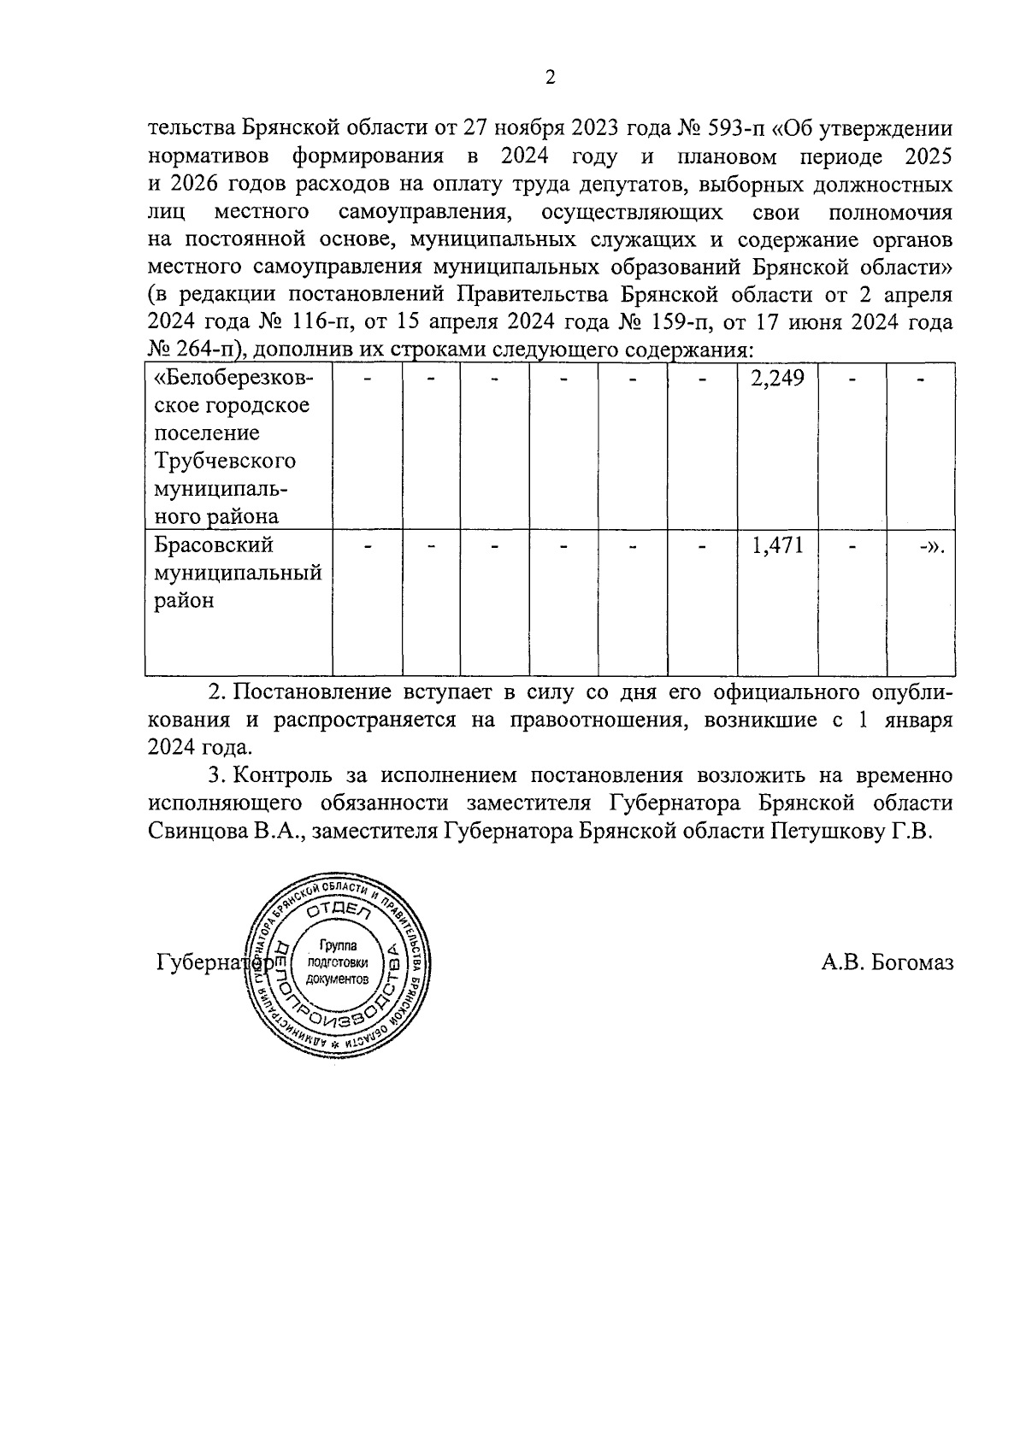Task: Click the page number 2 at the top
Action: [x=550, y=78]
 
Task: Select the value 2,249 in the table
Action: [x=777, y=378]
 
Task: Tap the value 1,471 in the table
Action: [x=777, y=545]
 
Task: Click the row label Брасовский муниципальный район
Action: [x=238, y=573]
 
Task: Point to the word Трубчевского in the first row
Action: [x=226, y=461]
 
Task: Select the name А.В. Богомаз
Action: [x=887, y=963]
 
